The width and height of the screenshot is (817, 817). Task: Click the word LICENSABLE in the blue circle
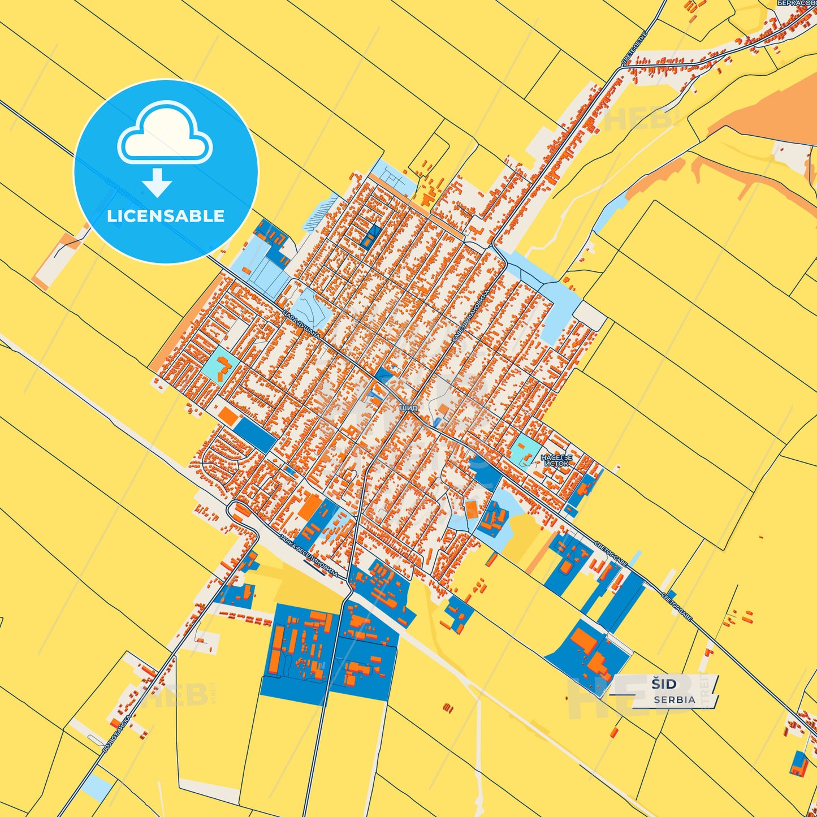pyautogui.click(x=166, y=216)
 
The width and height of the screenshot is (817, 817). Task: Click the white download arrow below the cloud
pyautogui.click(x=157, y=182)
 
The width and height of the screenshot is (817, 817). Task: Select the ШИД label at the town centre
pyautogui.click(x=408, y=408)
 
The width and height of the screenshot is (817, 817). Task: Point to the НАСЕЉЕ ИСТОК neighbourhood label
pyautogui.click(x=556, y=460)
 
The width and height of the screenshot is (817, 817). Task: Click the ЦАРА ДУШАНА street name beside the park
pyautogui.click(x=301, y=325)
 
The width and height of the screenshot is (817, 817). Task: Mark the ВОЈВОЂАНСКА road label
pyautogui.click(x=118, y=734)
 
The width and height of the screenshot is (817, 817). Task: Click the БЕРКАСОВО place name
pyautogui.click(x=797, y=3)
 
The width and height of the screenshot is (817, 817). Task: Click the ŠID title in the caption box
pyautogui.click(x=664, y=684)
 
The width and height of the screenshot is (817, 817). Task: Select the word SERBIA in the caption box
pyautogui.click(x=675, y=699)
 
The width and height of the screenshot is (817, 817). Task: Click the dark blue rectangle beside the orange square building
pyautogui.click(x=255, y=434)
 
